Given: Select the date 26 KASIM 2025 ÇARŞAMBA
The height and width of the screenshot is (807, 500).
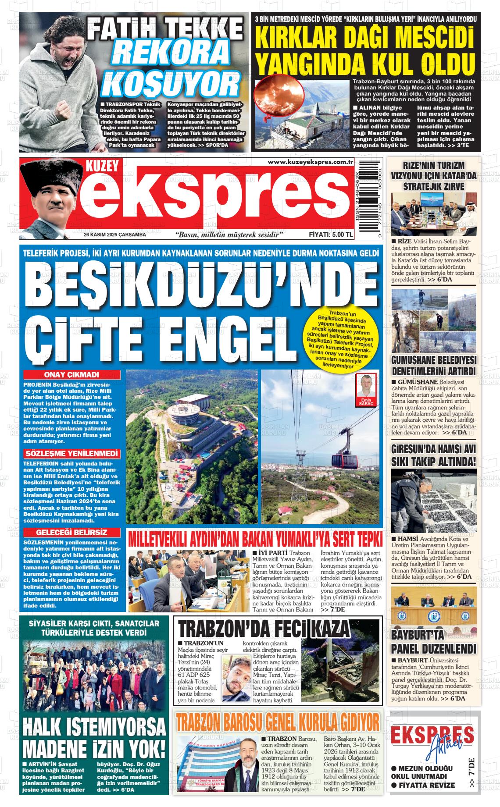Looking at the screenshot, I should pyautogui.click(x=115, y=235).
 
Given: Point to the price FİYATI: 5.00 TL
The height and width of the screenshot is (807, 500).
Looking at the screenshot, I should pyautogui.click(x=331, y=235).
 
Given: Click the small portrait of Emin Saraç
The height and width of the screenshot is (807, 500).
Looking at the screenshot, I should pyautogui.click(x=366, y=386).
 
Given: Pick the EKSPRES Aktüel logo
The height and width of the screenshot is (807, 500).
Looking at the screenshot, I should pyautogui.click(x=432, y=744).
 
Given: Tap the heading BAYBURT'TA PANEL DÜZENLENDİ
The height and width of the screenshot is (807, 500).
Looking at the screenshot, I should pyautogui.click(x=433, y=643).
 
